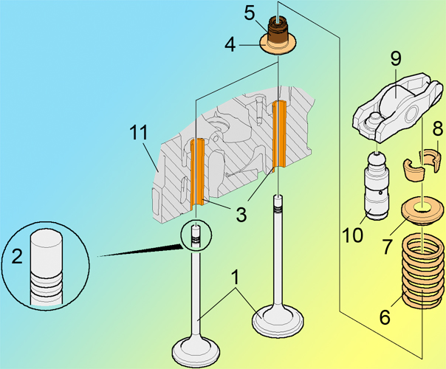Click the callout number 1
(235, 279)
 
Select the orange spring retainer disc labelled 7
(420, 213)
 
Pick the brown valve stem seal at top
(278, 31)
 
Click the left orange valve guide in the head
(197, 171)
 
